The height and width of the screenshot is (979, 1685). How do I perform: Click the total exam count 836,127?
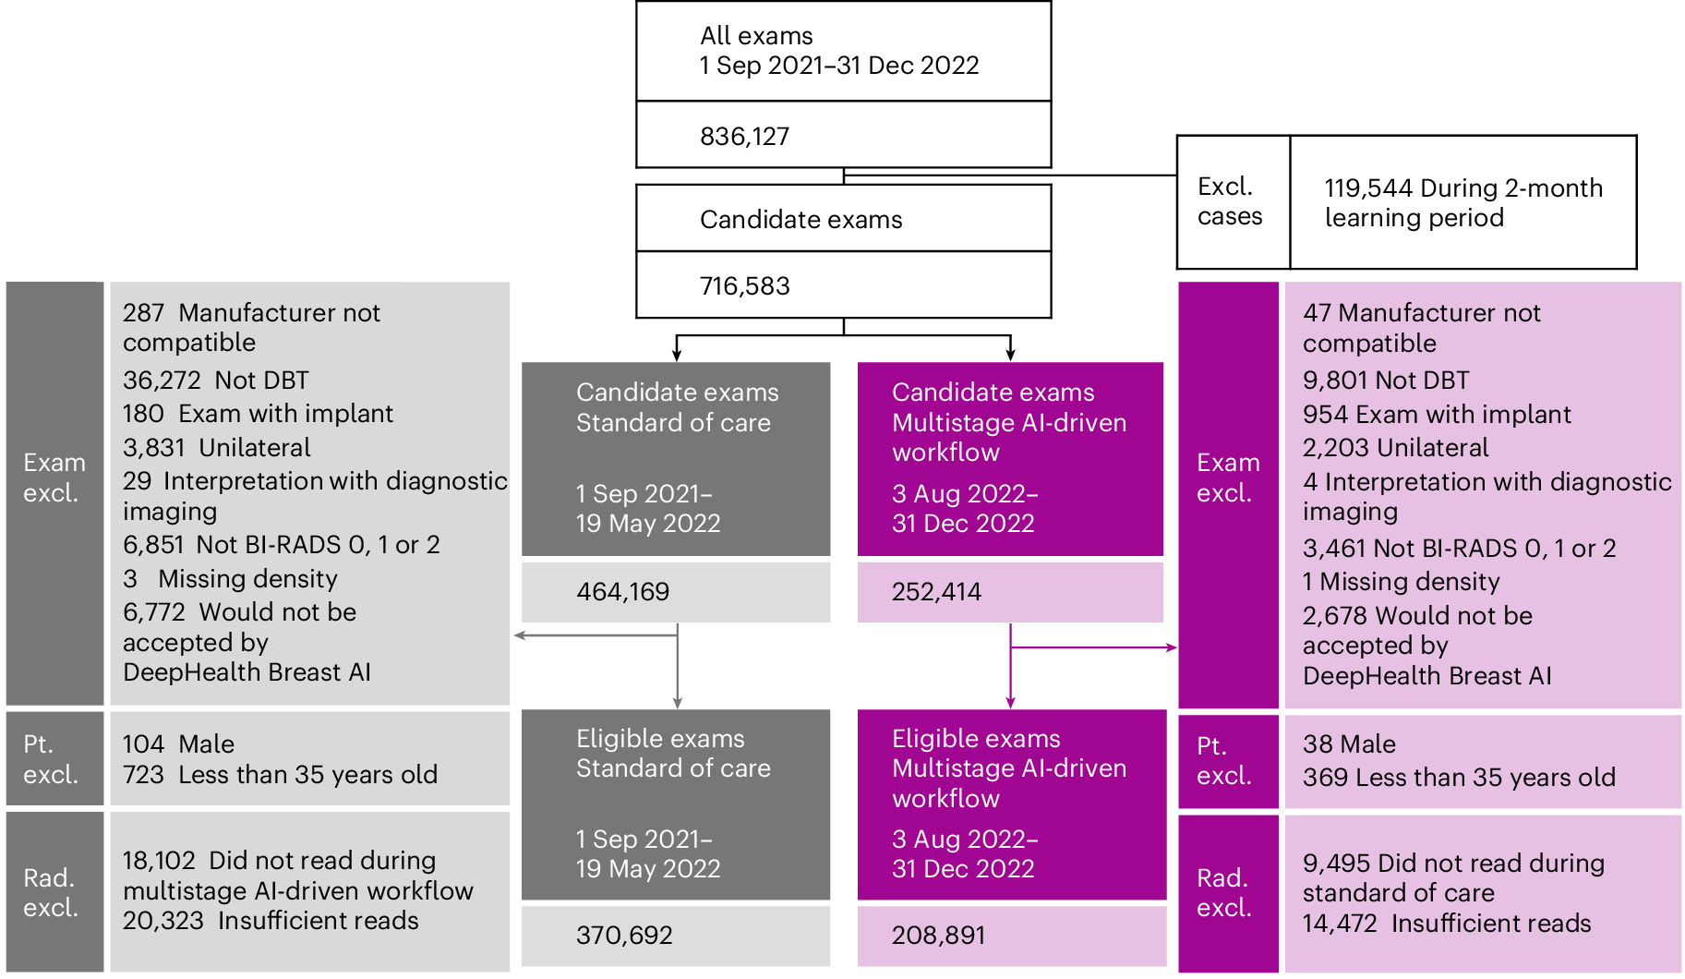[x=744, y=137]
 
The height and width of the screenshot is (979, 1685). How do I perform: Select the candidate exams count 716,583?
[x=744, y=286]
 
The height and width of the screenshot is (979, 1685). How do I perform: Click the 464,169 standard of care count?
[x=622, y=592]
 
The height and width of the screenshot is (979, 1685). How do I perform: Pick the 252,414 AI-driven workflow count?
[x=936, y=592]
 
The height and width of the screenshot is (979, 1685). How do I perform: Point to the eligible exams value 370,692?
[x=624, y=936]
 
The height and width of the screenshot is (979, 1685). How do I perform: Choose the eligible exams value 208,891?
[x=938, y=936]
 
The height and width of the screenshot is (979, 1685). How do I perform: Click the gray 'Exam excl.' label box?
[x=54, y=477]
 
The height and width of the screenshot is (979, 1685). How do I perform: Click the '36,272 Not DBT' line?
[x=215, y=381]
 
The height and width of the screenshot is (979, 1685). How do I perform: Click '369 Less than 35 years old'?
[x=1459, y=778]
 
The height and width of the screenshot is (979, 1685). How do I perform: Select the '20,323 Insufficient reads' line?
[x=271, y=921]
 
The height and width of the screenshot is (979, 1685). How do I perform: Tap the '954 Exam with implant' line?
[x=1437, y=415]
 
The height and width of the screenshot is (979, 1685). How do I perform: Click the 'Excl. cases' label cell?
[x=1230, y=201]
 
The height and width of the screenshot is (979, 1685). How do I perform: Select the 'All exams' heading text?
[x=756, y=36]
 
